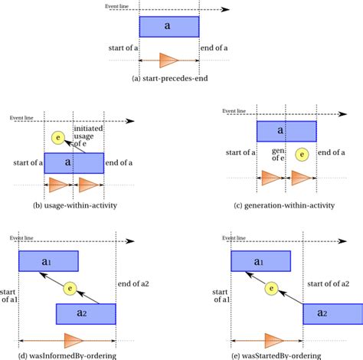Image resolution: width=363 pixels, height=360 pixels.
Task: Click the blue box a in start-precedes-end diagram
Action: point(168,27)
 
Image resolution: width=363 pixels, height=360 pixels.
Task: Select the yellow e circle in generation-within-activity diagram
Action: point(302,154)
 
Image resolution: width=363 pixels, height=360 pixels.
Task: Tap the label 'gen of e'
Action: point(279,155)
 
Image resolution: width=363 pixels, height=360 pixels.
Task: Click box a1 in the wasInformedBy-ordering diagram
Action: point(48,261)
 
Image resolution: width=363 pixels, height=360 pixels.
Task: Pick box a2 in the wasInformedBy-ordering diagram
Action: point(86,314)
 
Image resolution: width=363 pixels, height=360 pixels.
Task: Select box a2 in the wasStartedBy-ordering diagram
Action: point(332,314)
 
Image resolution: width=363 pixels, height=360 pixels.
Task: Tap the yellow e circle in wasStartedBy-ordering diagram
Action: point(271,289)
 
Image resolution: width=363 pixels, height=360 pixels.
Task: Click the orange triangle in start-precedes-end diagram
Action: point(168,60)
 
